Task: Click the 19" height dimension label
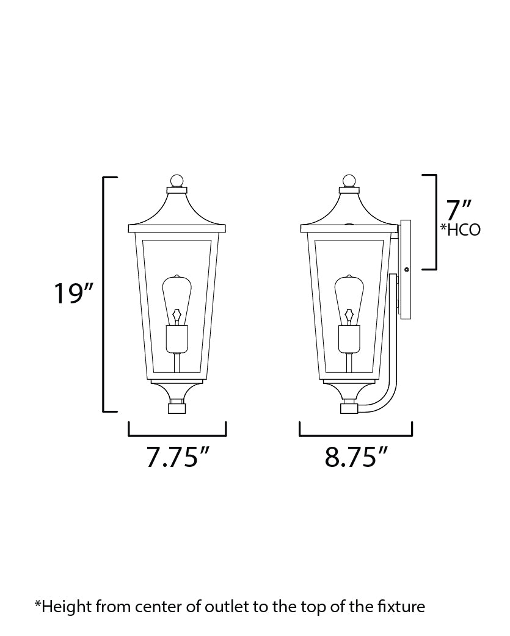[72, 293]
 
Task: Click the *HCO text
[461, 230]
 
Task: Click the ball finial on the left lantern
[177, 181]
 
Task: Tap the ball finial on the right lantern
[349, 181]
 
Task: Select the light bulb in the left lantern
[177, 299]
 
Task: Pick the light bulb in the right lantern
[349, 299]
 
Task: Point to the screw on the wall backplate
[406, 269]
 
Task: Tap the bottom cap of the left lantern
[177, 407]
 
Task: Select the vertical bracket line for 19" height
[103, 293]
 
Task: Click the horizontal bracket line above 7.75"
[177, 436]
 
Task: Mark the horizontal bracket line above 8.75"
[355, 436]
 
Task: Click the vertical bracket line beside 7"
[435, 222]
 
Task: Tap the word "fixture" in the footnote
[401, 607]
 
